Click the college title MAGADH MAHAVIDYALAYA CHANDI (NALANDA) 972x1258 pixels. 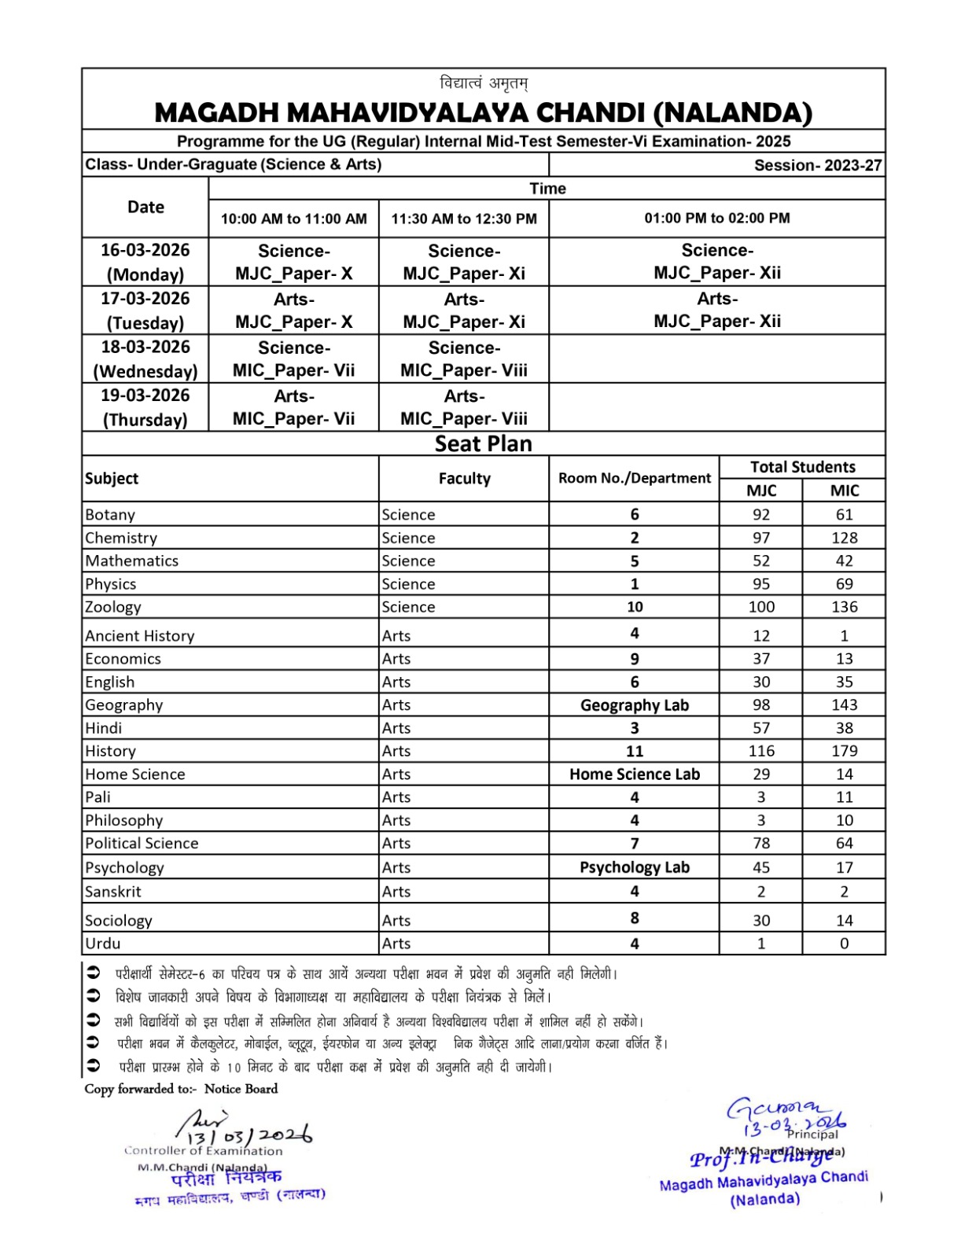483,112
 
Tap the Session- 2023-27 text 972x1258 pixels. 817,165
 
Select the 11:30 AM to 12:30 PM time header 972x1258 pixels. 464,219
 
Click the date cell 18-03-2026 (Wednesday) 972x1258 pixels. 145,359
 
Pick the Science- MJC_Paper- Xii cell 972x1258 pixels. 716,261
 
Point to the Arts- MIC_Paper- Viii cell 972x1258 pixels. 464,406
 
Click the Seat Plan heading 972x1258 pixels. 483,443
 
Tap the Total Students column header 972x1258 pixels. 802,467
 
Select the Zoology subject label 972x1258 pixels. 113,607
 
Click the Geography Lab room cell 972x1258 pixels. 634,705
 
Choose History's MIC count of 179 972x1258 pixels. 844,751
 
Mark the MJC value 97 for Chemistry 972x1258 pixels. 760,538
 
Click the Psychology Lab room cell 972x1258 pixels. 634,867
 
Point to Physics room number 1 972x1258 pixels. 634,584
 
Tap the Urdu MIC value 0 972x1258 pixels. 844,943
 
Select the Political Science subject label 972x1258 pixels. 142,844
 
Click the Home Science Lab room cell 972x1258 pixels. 634,774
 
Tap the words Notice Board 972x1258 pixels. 241,1089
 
